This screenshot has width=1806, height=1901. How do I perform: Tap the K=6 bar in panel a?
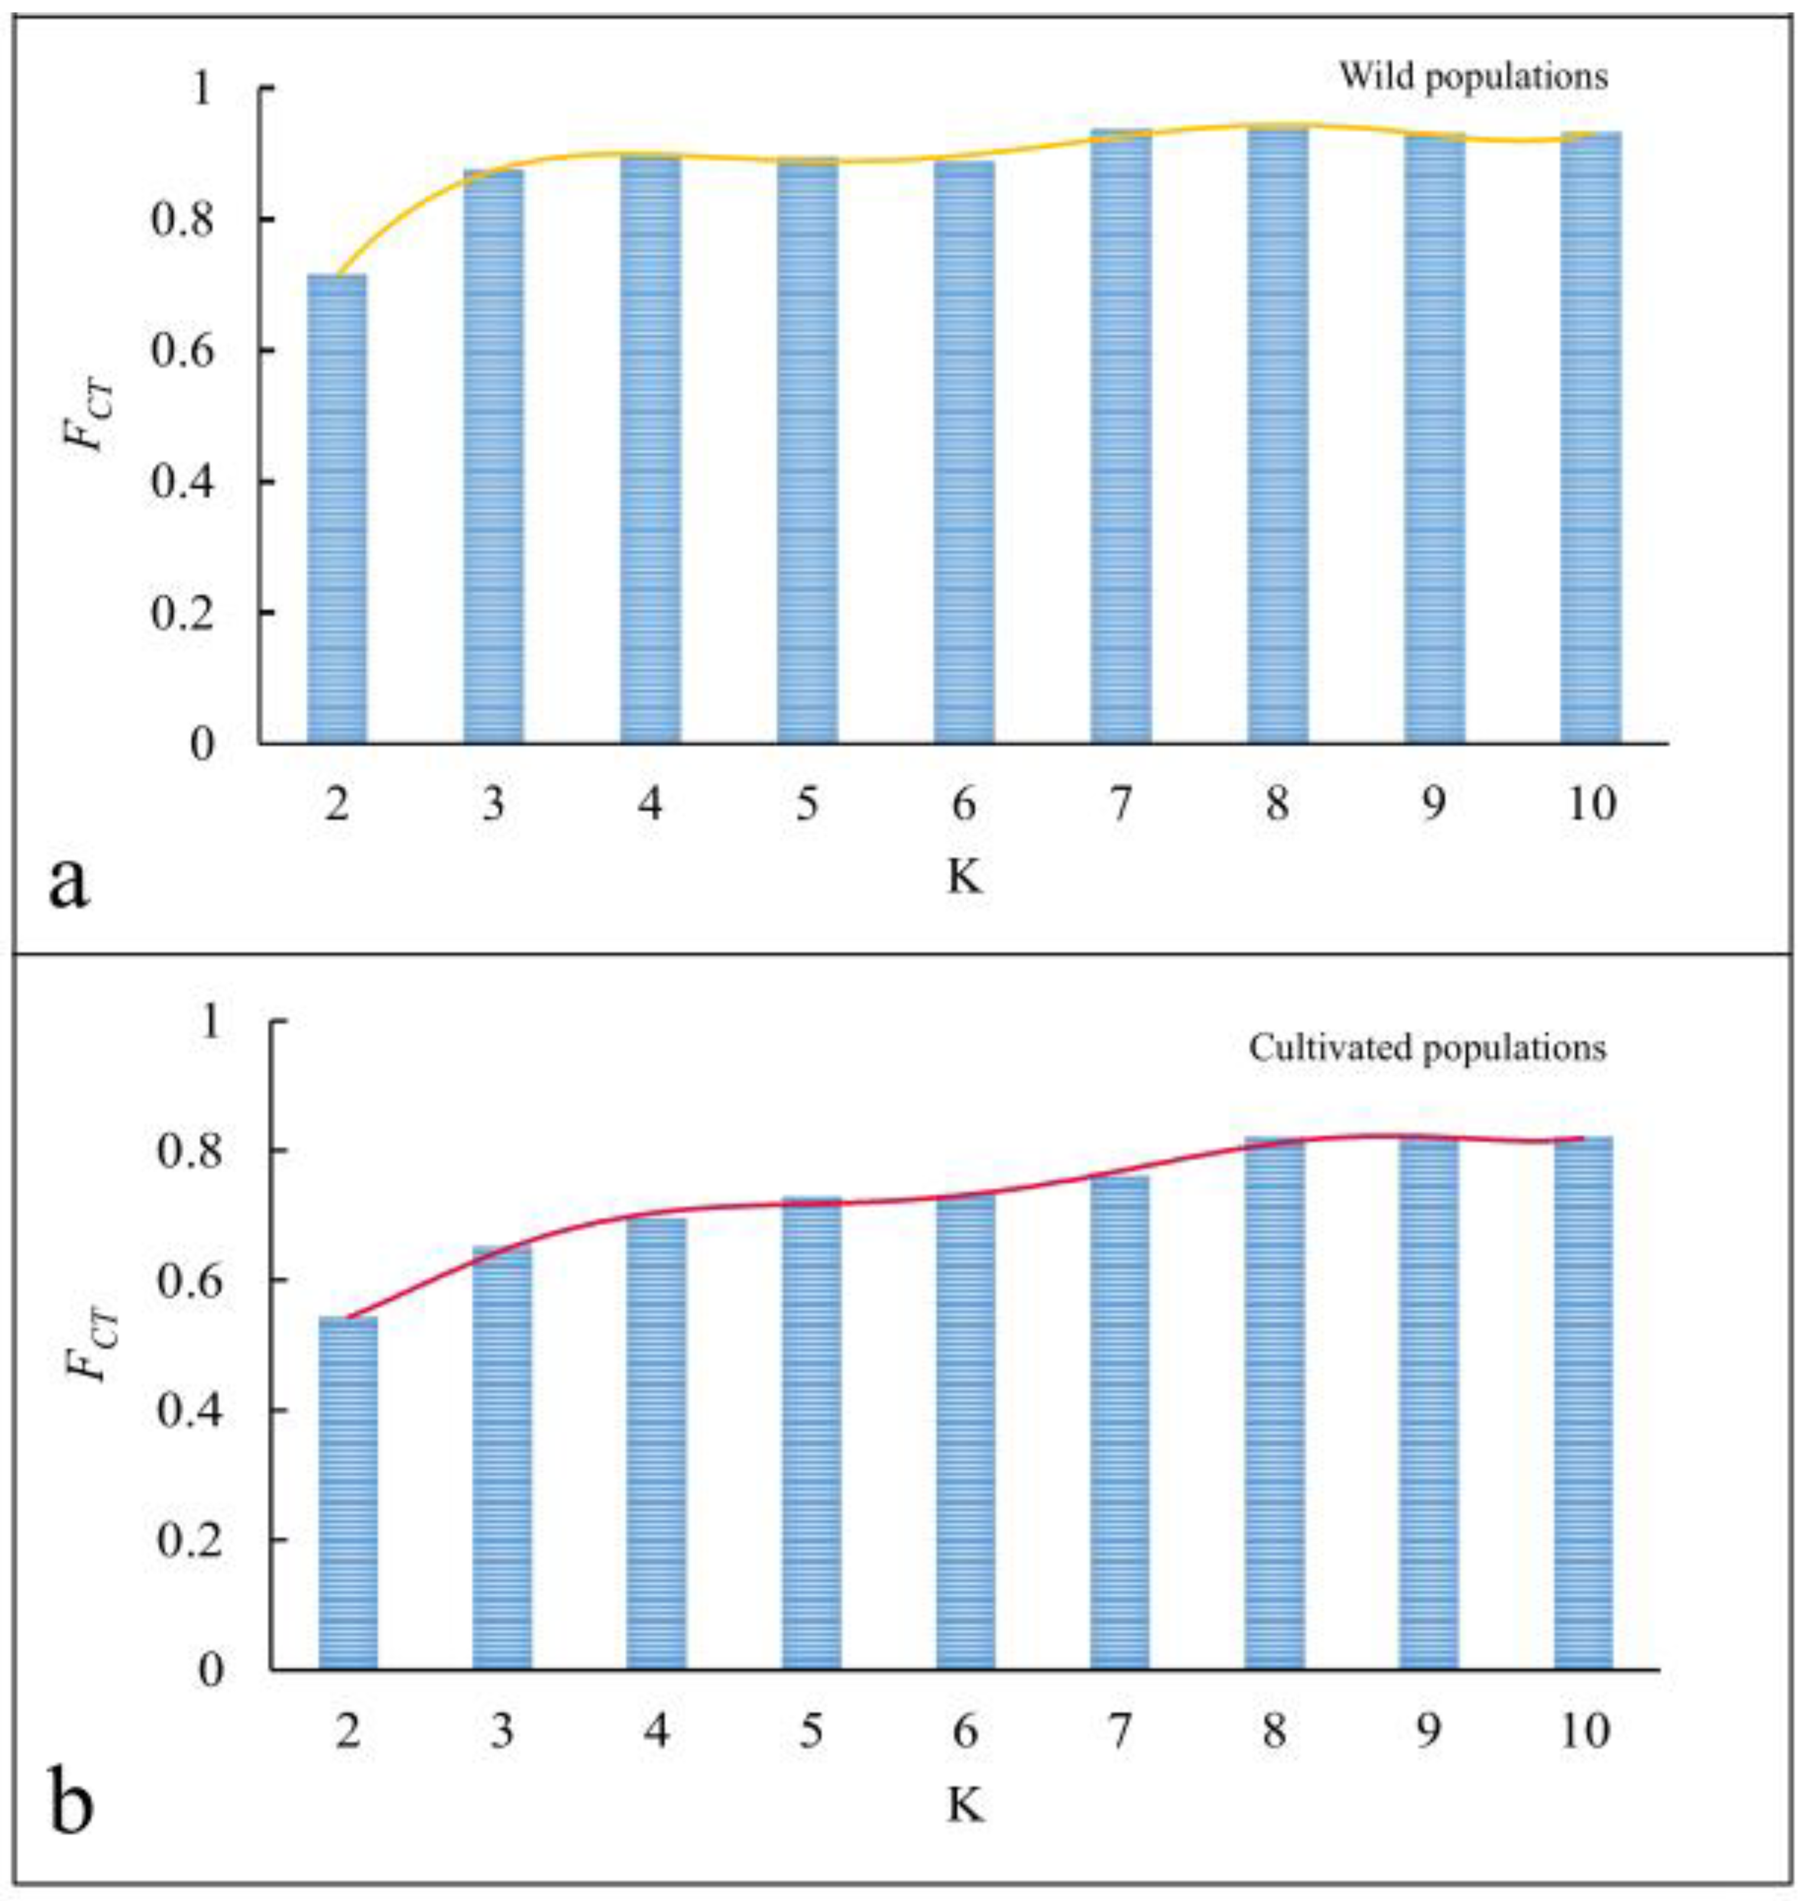click(x=964, y=452)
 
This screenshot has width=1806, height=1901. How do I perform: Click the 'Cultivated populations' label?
click(x=1428, y=1047)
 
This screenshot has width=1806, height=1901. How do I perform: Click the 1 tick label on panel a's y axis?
click(x=201, y=89)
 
